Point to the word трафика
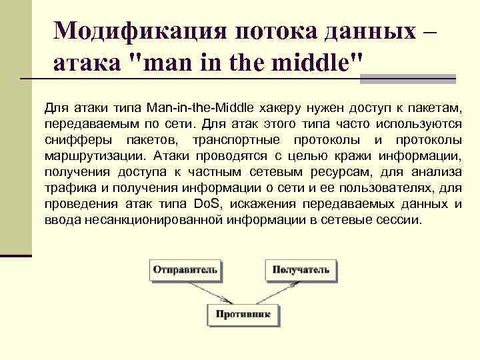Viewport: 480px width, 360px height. [65, 188]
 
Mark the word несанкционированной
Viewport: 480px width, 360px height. [156, 220]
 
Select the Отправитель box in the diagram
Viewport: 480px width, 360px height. [185, 270]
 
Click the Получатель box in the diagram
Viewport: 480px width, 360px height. [300, 270]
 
